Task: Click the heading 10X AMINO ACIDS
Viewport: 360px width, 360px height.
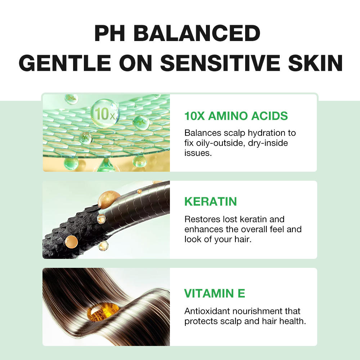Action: [x=236, y=116]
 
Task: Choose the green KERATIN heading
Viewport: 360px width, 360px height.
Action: [x=211, y=202]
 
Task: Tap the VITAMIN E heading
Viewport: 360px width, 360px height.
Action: [x=215, y=293]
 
